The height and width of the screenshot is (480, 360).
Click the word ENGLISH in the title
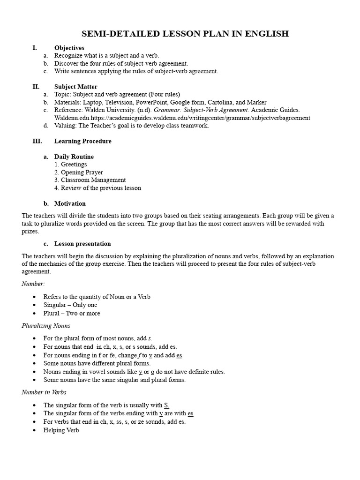click(266, 34)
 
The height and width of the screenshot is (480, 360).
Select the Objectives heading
click(69, 48)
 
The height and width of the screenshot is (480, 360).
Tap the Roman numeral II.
click(36, 87)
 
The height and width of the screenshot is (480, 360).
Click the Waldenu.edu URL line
click(182, 118)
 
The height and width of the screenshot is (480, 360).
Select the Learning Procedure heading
click(83, 141)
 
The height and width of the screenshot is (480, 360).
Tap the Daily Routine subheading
click(74, 157)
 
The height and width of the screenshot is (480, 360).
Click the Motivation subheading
click(70, 203)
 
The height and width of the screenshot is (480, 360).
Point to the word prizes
click(30, 231)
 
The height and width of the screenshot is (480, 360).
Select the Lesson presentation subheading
click(82, 244)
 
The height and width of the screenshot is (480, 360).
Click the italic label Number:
click(33, 284)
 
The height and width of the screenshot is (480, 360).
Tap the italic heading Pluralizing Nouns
click(46, 326)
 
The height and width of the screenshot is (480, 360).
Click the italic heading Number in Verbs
click(45, 392)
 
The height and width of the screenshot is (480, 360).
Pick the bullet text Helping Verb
click(61, 430)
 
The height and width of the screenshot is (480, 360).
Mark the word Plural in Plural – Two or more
click(52, 313)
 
